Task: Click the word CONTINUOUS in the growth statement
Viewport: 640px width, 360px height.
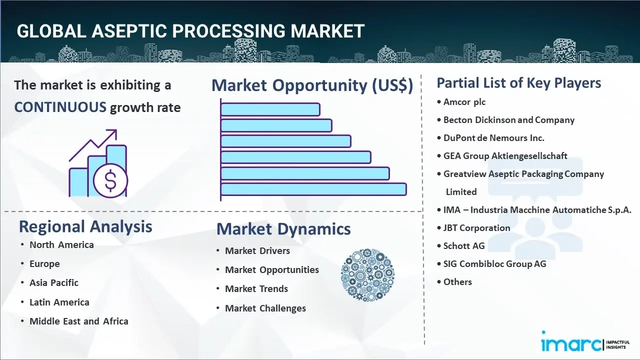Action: [60, 107]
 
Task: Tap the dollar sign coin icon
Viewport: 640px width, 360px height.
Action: [110, 180]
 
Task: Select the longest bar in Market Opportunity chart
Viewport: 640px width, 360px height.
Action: [313, 189]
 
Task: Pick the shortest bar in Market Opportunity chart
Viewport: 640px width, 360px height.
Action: [270, 109]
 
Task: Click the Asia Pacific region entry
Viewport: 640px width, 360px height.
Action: [54, 283]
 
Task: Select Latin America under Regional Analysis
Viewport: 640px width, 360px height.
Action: [59, 302]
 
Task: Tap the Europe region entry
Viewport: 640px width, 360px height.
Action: [44, 263]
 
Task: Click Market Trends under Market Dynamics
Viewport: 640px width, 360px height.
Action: [256, 289]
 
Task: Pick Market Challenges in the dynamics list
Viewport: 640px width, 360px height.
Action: [265, 308]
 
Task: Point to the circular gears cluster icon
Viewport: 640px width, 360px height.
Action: [367, 275]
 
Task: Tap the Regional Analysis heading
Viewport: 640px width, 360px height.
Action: [85, 226]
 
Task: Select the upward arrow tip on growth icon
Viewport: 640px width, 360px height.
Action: [116, 130]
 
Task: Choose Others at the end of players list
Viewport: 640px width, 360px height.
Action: [457, 282]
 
